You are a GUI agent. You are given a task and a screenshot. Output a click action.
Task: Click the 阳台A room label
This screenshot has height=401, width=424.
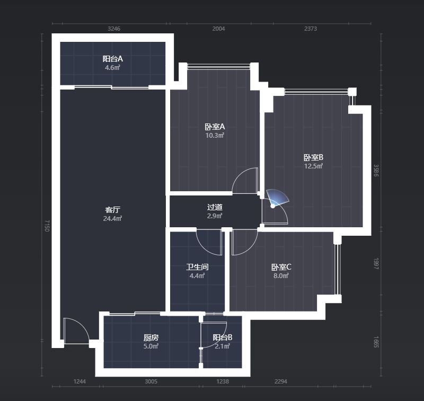[112, 59]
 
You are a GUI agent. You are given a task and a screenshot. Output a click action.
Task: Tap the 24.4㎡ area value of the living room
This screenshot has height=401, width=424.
[112, 218]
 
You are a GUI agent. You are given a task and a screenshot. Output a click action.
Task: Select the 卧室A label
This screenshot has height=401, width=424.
[215, 127]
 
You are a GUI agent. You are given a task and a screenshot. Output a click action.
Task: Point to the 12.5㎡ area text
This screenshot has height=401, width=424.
[313, 166]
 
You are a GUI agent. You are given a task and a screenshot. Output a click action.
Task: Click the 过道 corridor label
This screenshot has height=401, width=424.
[215, 207]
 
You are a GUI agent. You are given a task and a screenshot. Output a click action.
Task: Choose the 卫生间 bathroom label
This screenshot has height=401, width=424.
[197, 267]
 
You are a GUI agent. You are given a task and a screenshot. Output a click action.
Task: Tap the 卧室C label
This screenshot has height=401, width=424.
[281, 267]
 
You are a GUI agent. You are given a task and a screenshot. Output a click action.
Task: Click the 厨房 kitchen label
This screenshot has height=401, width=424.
[151, 337]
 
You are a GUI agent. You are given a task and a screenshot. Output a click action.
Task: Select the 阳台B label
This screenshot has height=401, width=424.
[222, 337]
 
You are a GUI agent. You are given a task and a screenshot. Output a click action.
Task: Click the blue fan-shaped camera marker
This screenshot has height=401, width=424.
[277, 199]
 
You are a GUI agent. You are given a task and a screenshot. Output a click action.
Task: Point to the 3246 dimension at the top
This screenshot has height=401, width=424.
[114, 29]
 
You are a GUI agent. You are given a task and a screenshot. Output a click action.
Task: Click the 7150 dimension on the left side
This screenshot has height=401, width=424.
[47, 226]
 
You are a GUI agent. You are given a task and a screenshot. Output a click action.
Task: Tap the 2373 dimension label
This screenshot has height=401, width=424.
[311, 29]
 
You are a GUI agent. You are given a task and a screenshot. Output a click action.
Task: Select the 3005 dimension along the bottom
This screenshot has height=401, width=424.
[151, 381]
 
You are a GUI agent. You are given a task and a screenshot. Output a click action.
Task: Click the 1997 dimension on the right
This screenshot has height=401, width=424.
[376, 264]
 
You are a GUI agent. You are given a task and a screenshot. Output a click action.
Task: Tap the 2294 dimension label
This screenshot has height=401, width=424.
[281, 381]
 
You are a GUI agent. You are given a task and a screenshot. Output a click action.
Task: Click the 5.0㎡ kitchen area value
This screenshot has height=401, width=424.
[151, 346]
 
